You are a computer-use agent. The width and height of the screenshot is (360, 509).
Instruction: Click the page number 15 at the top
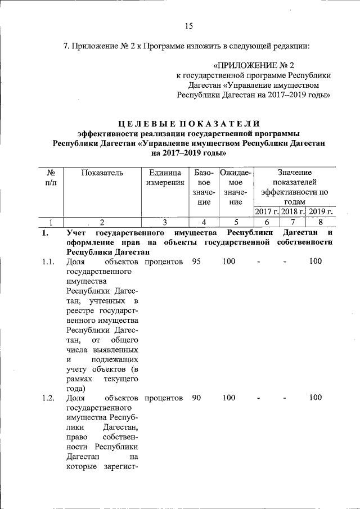click(x=188, y=25)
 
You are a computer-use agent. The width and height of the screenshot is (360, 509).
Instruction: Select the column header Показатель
click(x=102, y=173)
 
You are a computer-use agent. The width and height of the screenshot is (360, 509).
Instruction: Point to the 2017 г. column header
click(x=267, y=211)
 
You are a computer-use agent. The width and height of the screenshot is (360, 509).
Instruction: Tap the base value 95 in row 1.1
click(x=196, y=262)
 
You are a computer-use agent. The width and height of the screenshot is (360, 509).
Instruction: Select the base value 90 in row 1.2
click(x=196, y=398)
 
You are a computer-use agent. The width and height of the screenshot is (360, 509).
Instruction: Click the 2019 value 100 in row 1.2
click(x=316, y=398)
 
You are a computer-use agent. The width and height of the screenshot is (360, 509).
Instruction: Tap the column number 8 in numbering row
click(x=320, y=222)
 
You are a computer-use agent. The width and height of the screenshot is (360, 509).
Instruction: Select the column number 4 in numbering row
click(x=203, y=222)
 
